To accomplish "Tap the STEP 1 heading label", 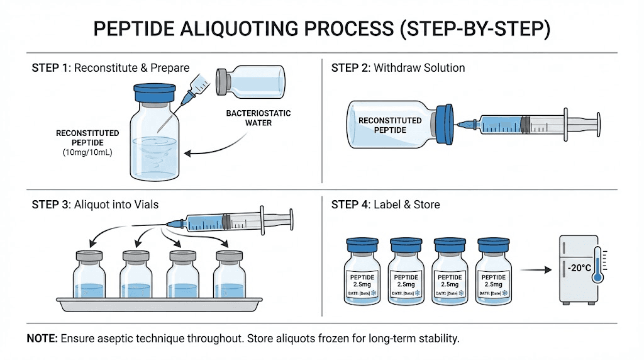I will [x=52, y=67].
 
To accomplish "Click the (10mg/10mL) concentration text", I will [x=87, y=152].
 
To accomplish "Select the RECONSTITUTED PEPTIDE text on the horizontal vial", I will [x=390, y=125].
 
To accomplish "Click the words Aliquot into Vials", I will [x=117, y=204].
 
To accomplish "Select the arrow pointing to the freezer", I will [x=535, y=271].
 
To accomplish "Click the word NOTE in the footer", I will [x=42, y=339].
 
